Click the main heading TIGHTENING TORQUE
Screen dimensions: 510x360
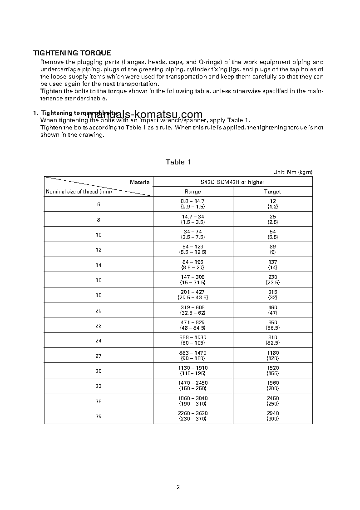tap(72, 53)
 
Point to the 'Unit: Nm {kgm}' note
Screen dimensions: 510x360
tap(292, 172)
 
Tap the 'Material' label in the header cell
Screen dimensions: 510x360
tap(140, 182)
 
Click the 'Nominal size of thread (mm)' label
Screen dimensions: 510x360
tap(79, 192)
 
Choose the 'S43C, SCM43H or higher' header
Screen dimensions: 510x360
tap(232, 182)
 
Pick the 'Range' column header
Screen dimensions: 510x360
tap(192, 192)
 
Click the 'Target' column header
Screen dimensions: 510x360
tap(272, 192)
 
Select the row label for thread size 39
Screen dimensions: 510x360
tap(99, 416)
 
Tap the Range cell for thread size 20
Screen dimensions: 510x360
tap(192, 310)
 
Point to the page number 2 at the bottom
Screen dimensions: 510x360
tap(178, 487)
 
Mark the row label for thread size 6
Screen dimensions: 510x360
tap(99, 204)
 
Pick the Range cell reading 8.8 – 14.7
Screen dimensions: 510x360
tap(192, 204)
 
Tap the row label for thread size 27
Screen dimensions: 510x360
tap(99, 356)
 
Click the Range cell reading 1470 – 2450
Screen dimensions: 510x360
tap(192, 386)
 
